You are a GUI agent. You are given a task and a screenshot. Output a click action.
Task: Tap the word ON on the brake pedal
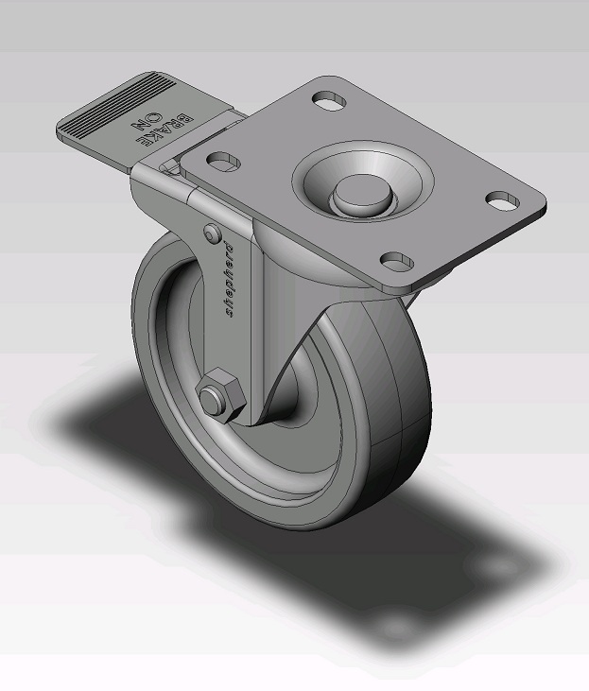click(139, 130)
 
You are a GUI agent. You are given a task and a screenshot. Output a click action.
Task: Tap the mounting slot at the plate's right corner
click(501, 200)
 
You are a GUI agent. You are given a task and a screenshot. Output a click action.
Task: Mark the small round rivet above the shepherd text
click(210, 231)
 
